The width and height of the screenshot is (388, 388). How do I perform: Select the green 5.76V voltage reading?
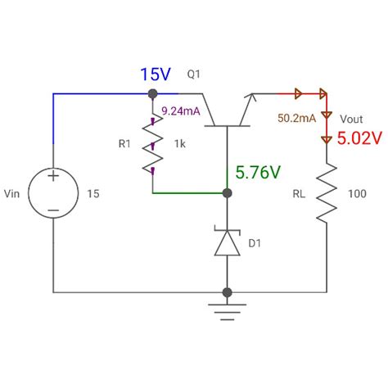click(x=258, y=173)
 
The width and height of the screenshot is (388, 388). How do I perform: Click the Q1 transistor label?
click(x=195, y=75)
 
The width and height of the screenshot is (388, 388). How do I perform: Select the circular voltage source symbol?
click(x=53, y=194)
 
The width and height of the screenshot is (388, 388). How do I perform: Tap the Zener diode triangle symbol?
click(x=227, y=243)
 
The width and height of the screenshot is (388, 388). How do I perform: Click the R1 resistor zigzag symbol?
click(x=151, y=148)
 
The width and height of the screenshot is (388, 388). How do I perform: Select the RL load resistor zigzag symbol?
click(x=327, y=194)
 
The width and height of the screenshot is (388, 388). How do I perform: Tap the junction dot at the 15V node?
click(x=151, y=94)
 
